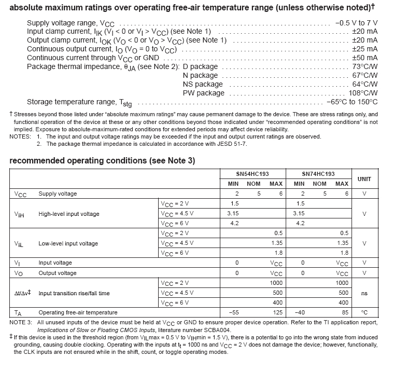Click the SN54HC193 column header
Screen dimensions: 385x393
tap(252, 174)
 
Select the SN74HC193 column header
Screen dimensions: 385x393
tap(318, 174)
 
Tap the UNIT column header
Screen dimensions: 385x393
tap(364, 178)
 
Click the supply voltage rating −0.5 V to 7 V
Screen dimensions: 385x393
tap(356, 23)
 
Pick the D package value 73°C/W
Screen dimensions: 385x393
tap(365, 67)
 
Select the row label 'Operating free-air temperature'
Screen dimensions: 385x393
tap(78, 312)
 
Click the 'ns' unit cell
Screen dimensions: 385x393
tap(364, 293)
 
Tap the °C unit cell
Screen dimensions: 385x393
tap(364, 312)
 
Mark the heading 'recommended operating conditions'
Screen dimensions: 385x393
tap(102, 161)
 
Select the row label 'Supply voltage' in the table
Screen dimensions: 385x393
tap(58, 194)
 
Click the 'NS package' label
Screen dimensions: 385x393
tap(203, 85)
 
